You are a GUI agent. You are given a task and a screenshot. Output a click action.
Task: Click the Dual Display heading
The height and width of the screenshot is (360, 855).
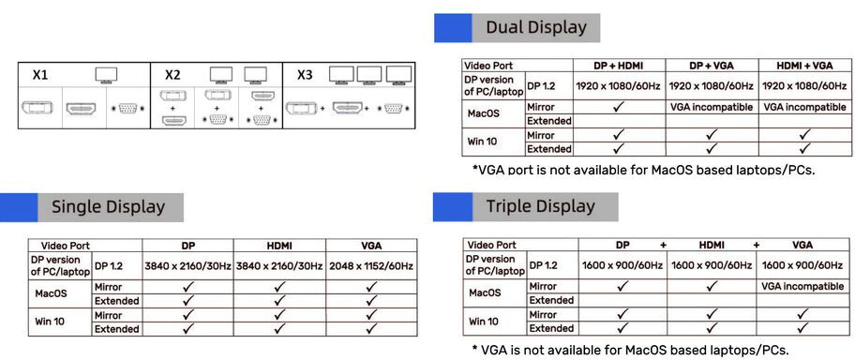point(536,27)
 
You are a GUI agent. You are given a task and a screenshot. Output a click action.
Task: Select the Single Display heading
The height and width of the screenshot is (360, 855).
point(108,207)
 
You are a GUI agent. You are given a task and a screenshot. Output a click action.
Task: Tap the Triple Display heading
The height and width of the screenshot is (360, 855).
point(540,206)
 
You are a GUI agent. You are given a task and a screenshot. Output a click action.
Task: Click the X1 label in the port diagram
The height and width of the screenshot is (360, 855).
point(39,75)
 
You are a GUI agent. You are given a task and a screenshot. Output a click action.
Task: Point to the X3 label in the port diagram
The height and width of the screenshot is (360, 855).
point(305,75)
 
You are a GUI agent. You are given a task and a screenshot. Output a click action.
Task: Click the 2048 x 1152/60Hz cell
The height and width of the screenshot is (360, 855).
point(371,267)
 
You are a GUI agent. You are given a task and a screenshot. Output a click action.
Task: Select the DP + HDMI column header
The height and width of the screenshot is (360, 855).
point(619,66)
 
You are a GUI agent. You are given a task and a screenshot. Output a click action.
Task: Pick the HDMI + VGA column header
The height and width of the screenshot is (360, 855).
point(804,66)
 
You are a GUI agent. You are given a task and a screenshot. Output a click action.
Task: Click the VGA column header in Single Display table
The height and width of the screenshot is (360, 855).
point(371,246)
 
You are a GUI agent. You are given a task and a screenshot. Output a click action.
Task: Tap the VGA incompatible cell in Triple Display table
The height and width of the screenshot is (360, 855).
point(802,286)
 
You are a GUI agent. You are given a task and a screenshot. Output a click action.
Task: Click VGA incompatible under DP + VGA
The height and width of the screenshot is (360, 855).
point(711,107)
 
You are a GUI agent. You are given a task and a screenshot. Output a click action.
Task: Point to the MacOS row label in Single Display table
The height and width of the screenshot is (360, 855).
point(51,293)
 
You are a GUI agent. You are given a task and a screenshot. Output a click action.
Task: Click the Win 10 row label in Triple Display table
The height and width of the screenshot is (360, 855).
point(484,322)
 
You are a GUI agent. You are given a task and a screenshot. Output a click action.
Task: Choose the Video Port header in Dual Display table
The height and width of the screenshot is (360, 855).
point(488,66)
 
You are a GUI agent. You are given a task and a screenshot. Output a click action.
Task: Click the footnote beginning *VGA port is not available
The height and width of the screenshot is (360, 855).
point(643,170)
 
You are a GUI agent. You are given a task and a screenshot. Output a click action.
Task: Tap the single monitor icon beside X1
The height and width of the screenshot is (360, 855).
point(106,74)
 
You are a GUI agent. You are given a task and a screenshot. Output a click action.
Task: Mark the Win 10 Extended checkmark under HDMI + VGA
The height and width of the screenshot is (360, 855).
point(804,148)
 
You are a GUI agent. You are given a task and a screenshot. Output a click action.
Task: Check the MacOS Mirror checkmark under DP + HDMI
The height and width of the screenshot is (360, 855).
point(619,107)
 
